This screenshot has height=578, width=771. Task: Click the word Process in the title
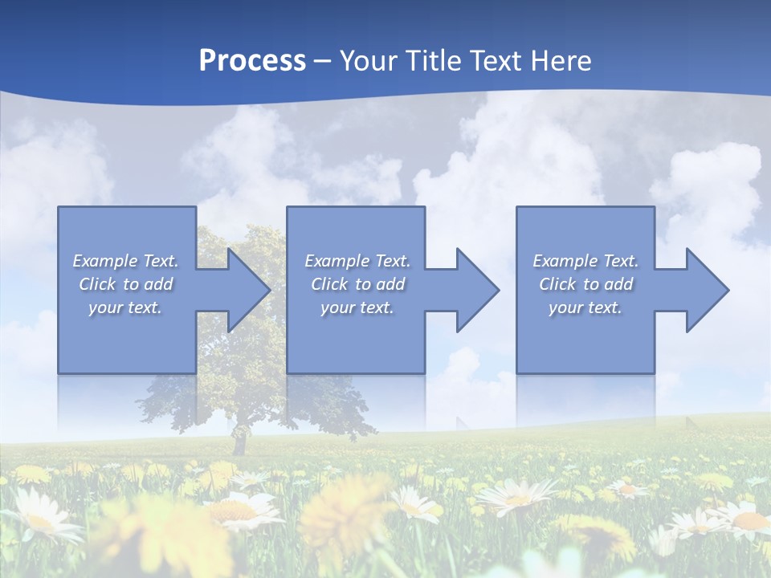pyautogui.click(x=252, y=61)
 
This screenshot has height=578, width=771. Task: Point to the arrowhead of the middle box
pyautogui.click(x=476, y=290)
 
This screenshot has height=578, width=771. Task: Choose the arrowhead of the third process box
pyautogui.click(x=706, y=290)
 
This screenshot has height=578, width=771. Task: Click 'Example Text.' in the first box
pyautogui.click(x=126, y=261)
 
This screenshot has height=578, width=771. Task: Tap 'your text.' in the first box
pyautogui.click(x=126, y=307)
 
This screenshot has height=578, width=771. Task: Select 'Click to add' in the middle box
pyautogui.click(x=357, y=284)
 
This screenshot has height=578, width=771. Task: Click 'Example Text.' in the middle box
pyautogui.click(x=357, y=261)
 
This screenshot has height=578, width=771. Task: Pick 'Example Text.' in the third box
pyautogui.click(x=585, y=261)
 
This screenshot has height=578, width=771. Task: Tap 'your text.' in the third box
pyautogui.click(x=585, y=307)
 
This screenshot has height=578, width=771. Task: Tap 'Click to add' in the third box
pyautogui.click(x=585, y=284)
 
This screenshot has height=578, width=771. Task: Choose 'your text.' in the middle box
pyautogui.click(x=357, y=307)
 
